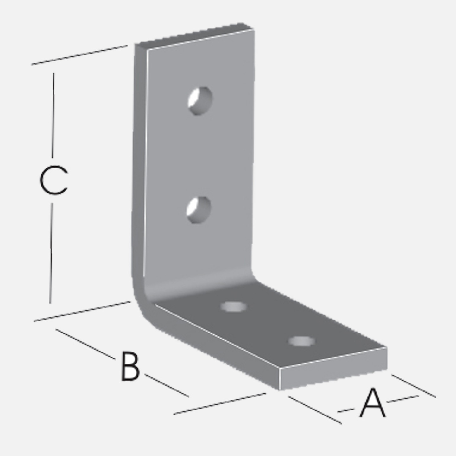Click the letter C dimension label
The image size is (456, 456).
pyautogui.click(x=53, y=180)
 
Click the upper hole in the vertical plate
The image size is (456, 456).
pyautogui.click(x=200, y=101)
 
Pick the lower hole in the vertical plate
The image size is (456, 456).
pyautogui.click(x=198, y=210)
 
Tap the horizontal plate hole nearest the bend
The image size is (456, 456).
pyautogui.click(x=233, y=307)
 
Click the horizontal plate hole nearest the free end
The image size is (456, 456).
pyautogui.click(x=301, y=341)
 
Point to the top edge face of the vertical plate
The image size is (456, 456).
pyautogui.click(x=194, y=35)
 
